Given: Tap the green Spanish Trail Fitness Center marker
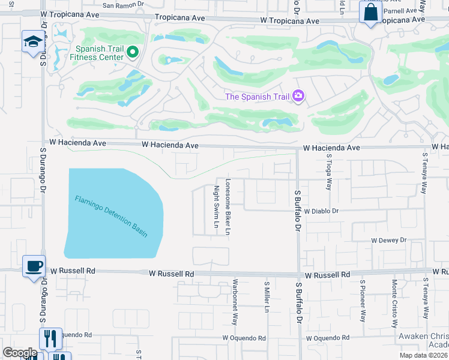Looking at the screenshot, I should (x=133, y=53).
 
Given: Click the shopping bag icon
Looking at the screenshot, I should (x=370, y=12).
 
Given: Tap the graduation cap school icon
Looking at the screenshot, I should (x=31, y=41).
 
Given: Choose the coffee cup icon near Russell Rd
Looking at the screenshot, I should (x=33, y=265).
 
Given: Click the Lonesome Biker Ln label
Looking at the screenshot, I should (x=228, y=206).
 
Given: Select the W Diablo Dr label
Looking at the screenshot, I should (x=321, y=211).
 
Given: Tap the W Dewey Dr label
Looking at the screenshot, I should (x=388, y=240).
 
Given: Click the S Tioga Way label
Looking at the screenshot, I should (x=330, y=172).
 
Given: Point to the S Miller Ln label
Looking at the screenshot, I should (x=267, y=296).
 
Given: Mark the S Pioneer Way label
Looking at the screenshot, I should (x=363, y=300).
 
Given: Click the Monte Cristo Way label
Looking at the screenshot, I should (x=394, y=303).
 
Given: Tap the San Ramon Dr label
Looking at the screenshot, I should (x=123, y=5).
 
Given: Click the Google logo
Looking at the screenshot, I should (x=19, y=353).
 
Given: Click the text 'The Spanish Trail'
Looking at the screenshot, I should (x=256, y=97).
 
